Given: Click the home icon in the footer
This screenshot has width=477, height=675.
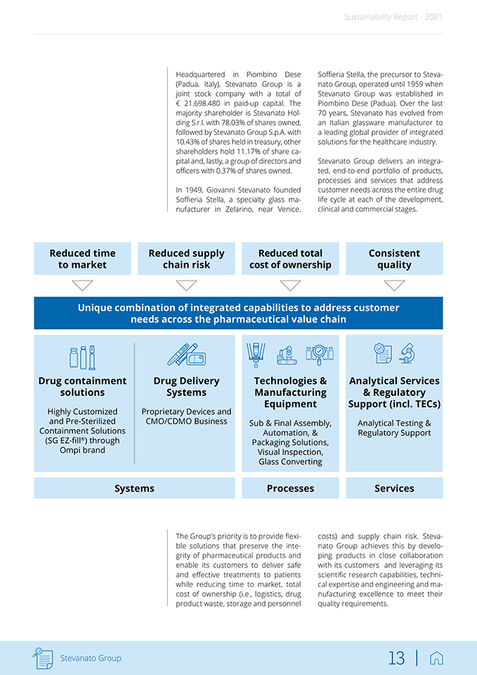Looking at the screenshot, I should pos(436,658).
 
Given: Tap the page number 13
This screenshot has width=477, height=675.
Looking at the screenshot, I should pos(396,658).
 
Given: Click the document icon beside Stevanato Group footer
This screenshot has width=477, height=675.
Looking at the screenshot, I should pos(44,658).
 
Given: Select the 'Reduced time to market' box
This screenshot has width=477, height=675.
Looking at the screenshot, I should pos(82,259).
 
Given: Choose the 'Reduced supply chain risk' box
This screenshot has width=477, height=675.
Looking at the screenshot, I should pos(186,259).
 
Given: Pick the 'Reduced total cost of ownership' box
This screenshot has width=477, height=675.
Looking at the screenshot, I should pos(290,259).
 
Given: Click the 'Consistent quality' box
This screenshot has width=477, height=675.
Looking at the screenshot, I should pos(394,259).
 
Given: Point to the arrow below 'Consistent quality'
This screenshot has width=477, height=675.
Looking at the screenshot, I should pos(394,285).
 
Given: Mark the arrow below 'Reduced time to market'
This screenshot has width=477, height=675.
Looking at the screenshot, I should pos(82,285).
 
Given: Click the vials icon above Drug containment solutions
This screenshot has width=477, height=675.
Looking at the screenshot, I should pos(82,358).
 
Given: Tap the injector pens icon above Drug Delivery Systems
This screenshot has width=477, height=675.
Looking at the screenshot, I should pos(186,355).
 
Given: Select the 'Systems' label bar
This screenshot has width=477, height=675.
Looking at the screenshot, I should pos(134,488).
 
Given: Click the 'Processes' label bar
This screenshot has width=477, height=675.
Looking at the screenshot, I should pos(290,488).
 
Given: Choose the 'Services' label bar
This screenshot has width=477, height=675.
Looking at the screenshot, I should pos(394,488).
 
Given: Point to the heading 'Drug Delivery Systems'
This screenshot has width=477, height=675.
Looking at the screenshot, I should pos(186,387).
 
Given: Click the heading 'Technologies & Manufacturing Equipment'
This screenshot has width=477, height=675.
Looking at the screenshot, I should pos(290,392).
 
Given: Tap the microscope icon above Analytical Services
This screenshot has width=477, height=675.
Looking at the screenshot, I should pos(406,353).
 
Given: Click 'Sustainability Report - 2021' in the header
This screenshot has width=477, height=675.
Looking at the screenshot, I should pos(393,17).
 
